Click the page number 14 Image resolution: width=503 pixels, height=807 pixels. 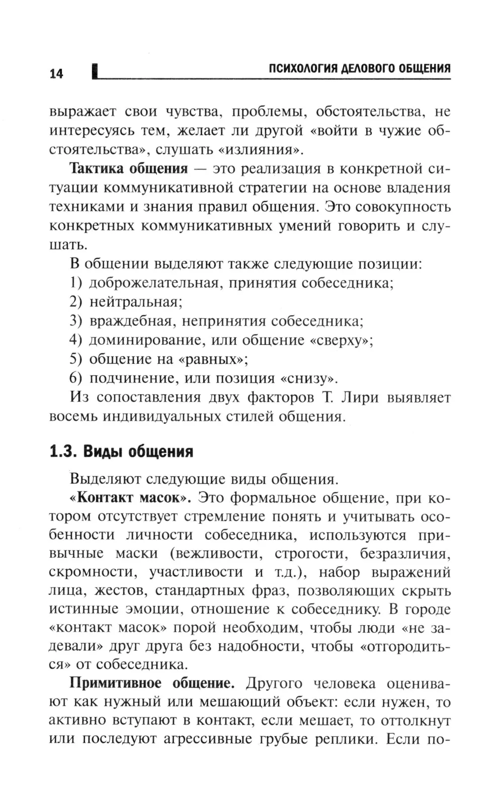click(56, 74)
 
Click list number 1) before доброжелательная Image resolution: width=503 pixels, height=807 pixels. click(75, 283)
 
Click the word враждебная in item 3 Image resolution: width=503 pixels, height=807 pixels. click(132, 321)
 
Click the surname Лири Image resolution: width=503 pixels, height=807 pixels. click(358, 397)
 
